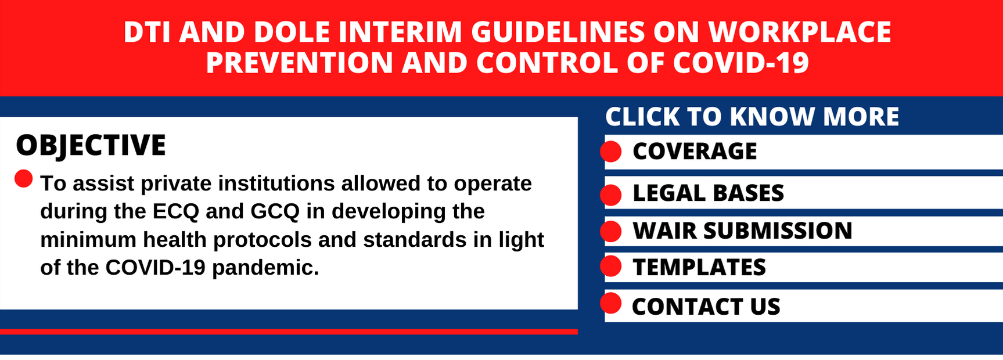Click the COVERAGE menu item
tap(695, 152)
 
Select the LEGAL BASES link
tap(708, 193)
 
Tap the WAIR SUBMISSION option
tap(742, 231)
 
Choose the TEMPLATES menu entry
tap(699, 268)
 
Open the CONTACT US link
tap(706, 307)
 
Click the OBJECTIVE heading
tap(91, 145)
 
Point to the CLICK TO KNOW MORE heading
tap(752, 117)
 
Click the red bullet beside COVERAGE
tap(611, 152)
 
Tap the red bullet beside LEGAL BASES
tap(611, 195)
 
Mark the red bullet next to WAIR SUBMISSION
tap(611, 231)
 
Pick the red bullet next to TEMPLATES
tap(611, 267)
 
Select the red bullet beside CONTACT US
tap(611, 304)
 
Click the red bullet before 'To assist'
tap(24, 179)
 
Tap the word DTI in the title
tap(147, 32)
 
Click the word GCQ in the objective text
tap(275, 211)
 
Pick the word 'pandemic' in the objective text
tap(265, 268)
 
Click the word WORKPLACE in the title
tap(800, 32)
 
